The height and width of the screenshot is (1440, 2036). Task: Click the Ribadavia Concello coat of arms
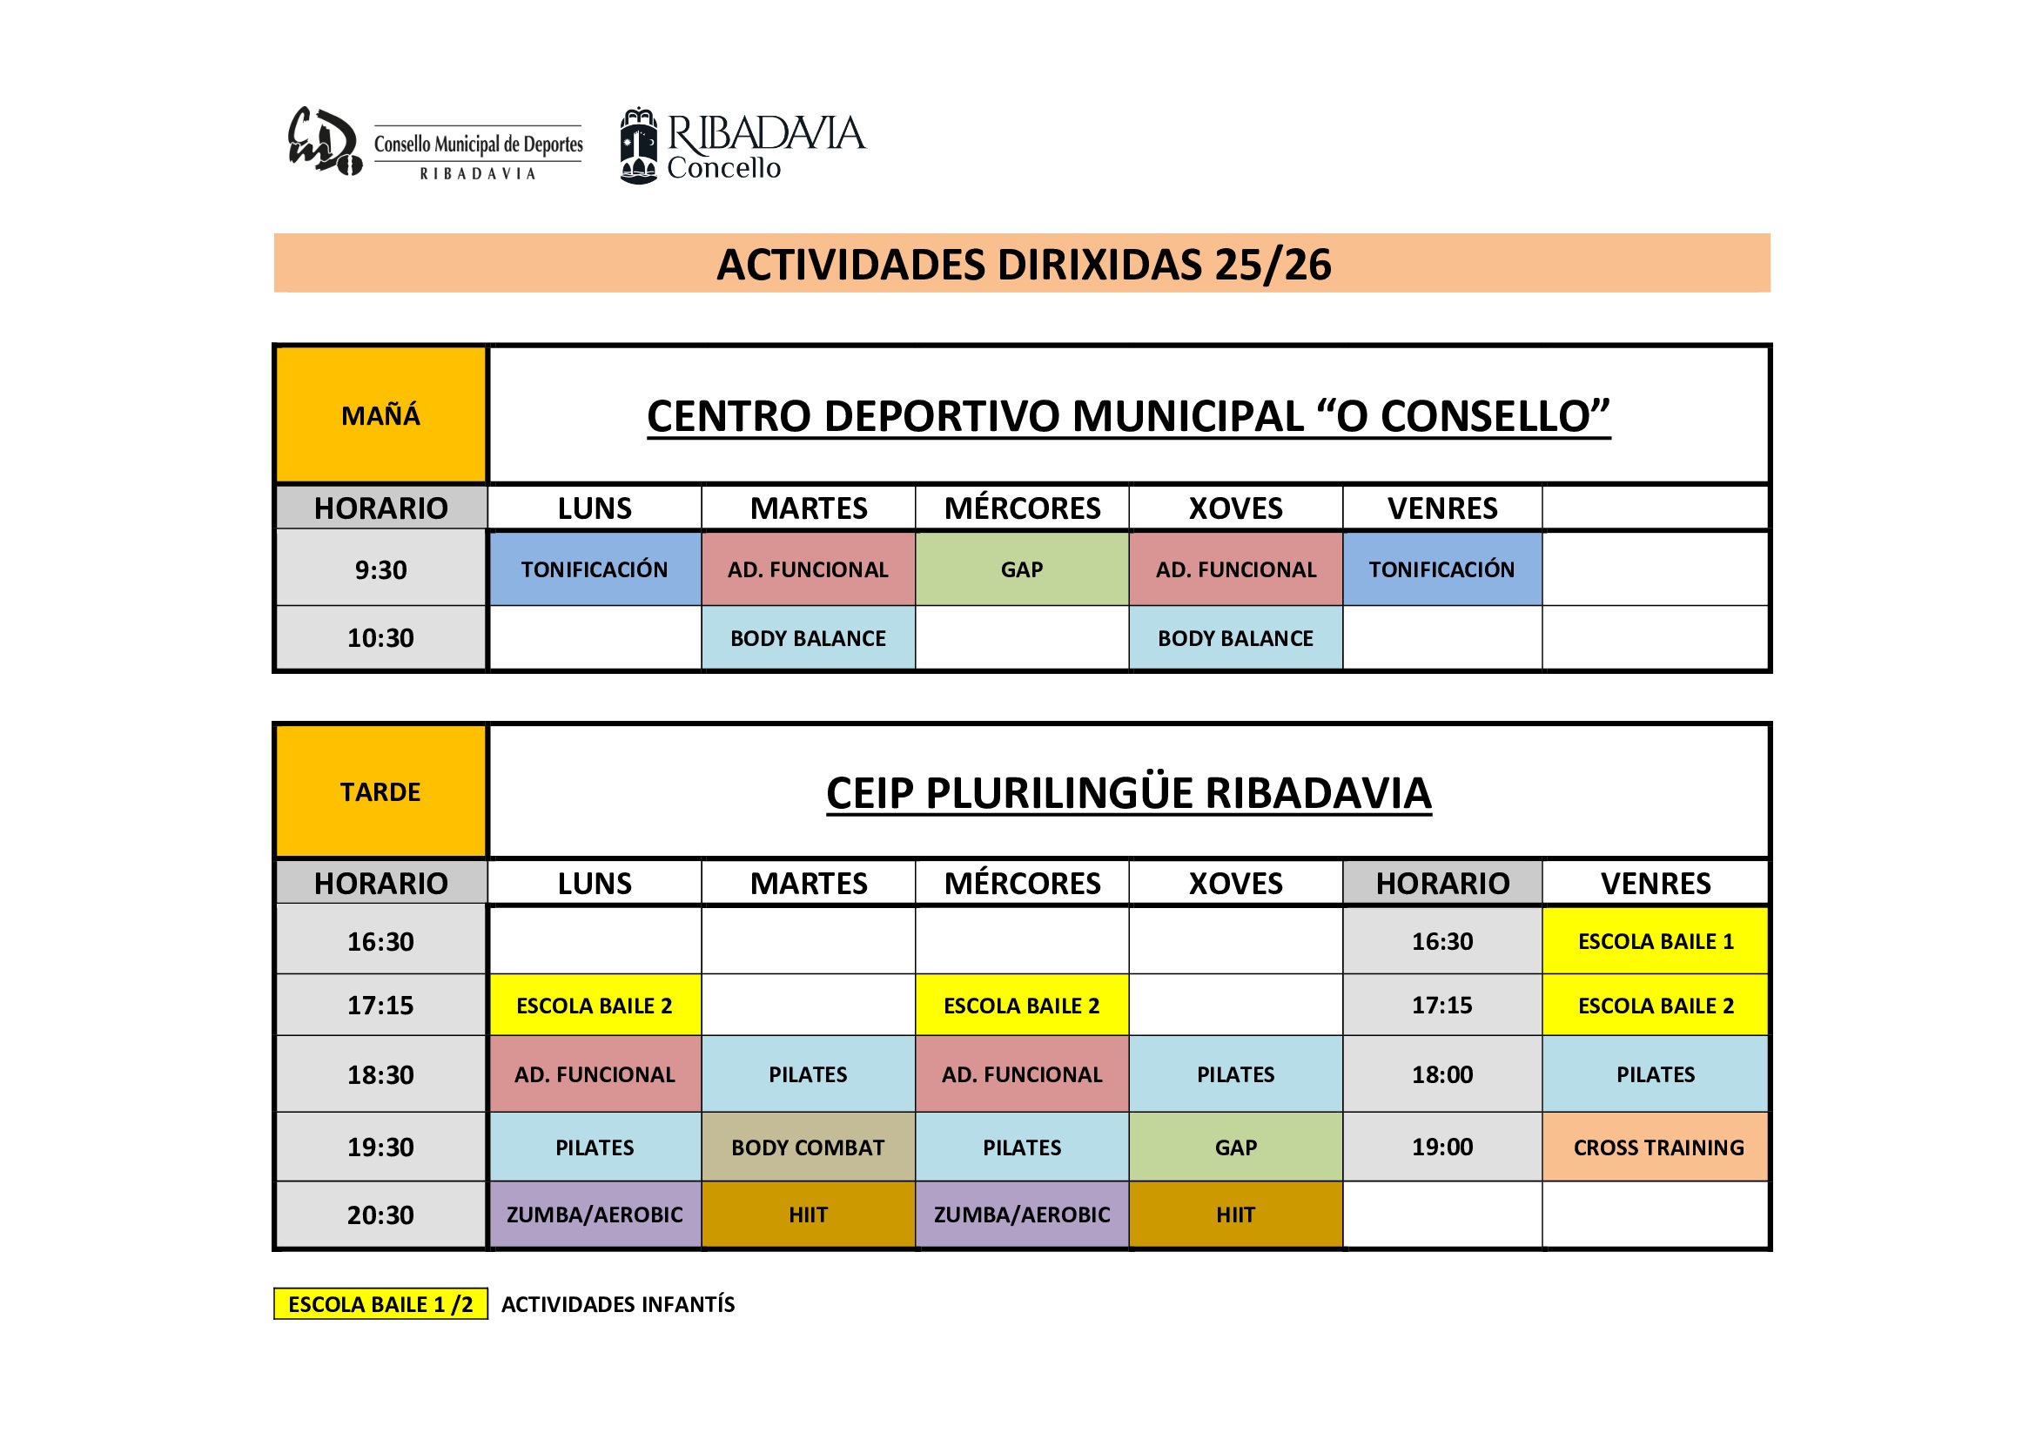click(x=638, y=145)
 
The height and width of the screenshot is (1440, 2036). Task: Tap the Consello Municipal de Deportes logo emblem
click(x=325, y=142)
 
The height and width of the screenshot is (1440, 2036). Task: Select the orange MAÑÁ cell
click(x=380, y=415)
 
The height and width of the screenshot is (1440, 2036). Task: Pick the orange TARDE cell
click(x=380, y=791)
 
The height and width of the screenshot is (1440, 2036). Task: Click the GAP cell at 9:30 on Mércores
click(x=1022, y=569)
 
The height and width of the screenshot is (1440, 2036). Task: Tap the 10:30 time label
click(x=380, y=637)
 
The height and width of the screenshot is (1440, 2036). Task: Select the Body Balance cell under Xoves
click(x=1235, y=637)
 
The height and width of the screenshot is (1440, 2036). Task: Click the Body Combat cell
click(x=808, y=1147)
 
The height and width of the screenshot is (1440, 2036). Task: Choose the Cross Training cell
click(x=1656, y=1147)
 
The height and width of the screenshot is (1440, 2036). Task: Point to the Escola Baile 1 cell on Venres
click(x=1656, y=941)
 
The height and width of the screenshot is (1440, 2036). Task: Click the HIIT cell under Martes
click(x=808, y=1214)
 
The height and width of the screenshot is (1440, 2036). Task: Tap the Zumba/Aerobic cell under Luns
click(x=595, y=1214)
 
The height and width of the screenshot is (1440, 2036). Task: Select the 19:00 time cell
click(x=1441, y=1147)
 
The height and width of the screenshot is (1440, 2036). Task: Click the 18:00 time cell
click(x=1441, y=1073)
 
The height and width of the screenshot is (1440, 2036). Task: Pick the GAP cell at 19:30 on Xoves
click(x=1235, y=1147)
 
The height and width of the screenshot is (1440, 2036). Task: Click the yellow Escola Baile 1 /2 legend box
click(x=380, y=1303)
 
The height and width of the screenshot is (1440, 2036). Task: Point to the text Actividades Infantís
click(x=618, y=1303)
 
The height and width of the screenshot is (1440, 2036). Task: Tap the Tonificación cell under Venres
click(x=1441, y=569)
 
